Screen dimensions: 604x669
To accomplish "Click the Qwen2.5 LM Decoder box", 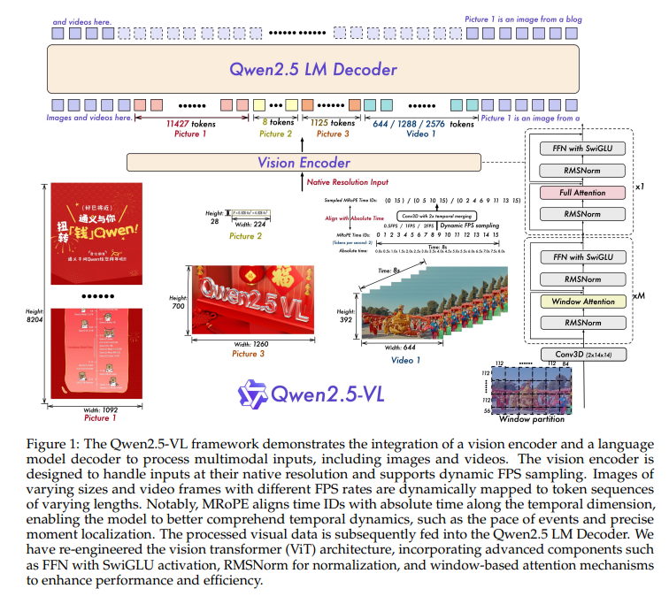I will [x=301, y=69].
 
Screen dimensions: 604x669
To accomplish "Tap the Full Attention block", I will [x=583, y=192].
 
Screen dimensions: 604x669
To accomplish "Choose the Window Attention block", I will [x=583, y=301].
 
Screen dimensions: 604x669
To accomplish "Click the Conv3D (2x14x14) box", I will [x=582, y=355].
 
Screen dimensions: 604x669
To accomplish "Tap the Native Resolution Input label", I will [x=347, y=183].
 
